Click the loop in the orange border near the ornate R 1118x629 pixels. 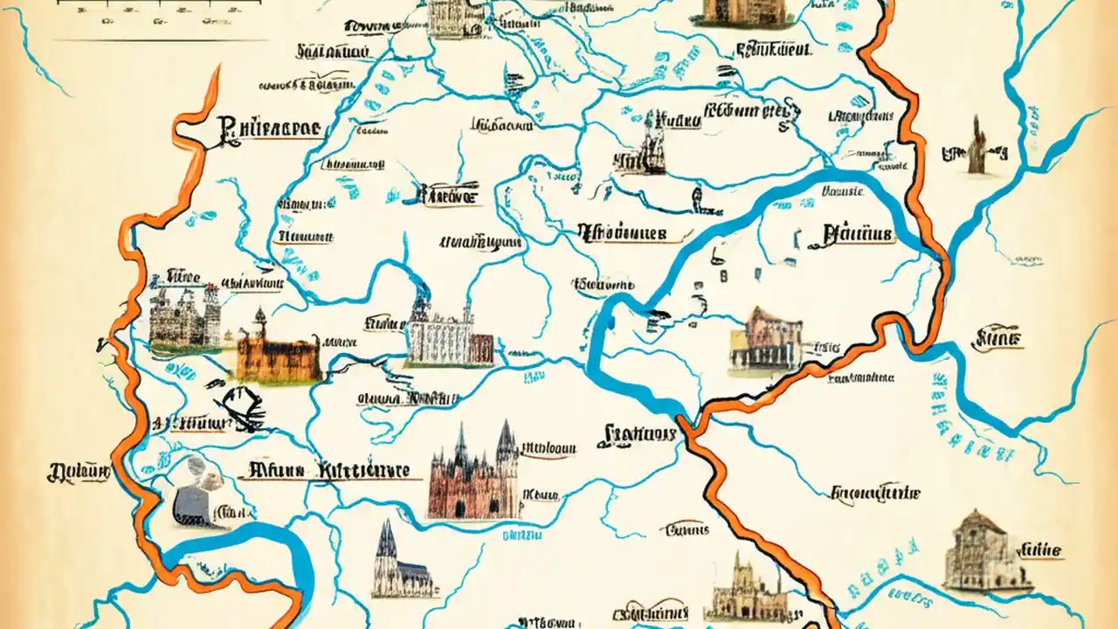pos(188,131)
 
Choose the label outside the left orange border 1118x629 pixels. pos(79,473)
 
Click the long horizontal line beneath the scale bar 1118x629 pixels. pos(162,40)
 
